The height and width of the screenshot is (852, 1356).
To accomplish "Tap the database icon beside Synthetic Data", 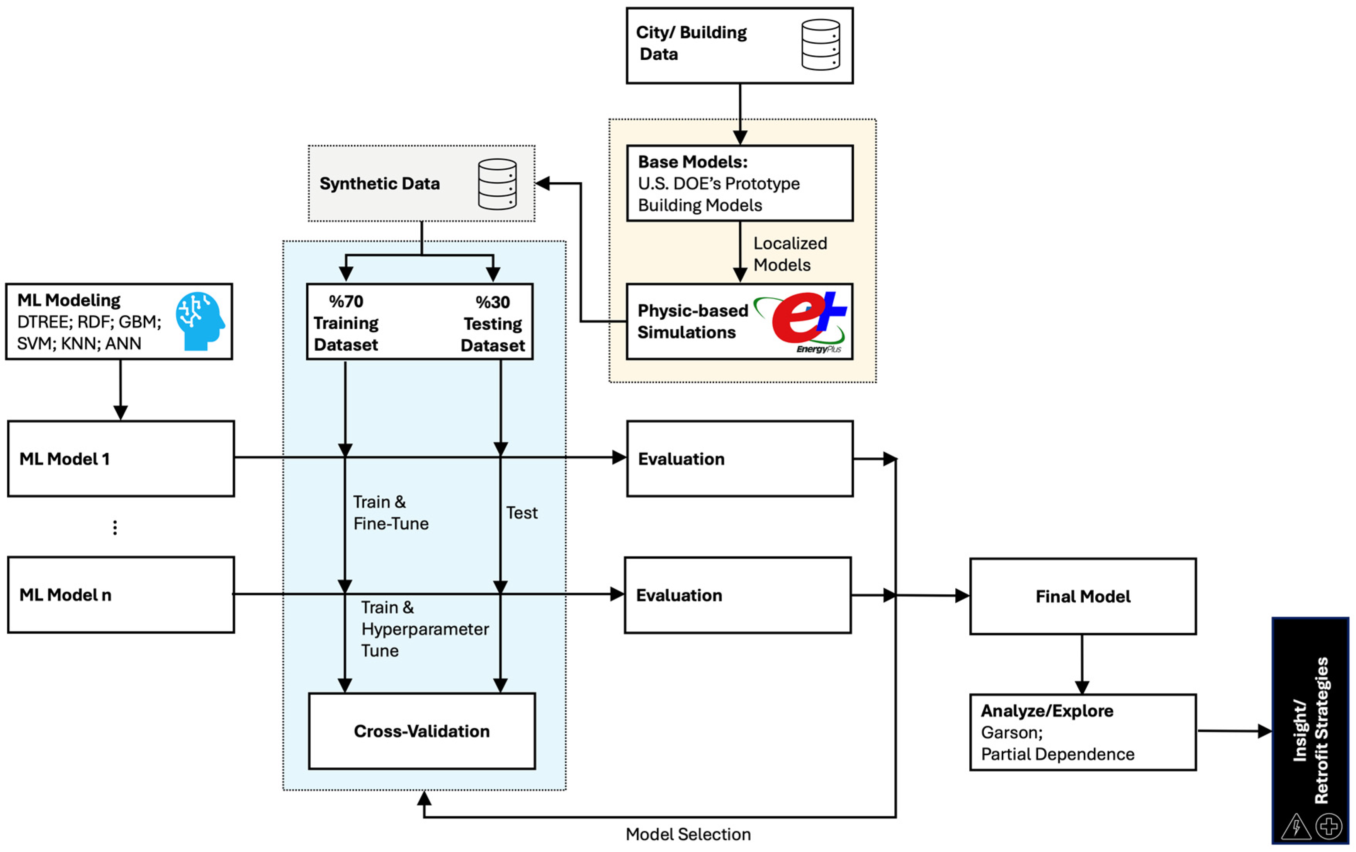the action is tap(497, 184).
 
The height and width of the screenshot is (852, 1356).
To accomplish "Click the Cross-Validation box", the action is tap(422, 731).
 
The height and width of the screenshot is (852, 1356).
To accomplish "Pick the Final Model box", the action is tap(1083, 596).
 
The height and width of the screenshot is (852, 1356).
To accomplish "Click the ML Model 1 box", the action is tap(121, 459).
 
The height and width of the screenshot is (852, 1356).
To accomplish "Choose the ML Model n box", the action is tap(121, 595).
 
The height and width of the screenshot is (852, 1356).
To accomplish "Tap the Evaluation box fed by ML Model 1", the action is tap(740, 459).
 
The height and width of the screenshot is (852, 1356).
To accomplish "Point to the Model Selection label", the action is tap(688, 834).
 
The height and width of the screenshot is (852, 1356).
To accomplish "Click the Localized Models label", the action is tap(790, 254).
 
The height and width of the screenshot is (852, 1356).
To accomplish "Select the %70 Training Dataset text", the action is tap(346, 323).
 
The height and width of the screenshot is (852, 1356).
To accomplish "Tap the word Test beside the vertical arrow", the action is tap(522, 513).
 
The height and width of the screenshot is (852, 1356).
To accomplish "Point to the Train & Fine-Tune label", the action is tap(391, 513).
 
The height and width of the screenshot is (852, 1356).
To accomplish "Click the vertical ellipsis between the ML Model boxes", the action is tap(115, 527).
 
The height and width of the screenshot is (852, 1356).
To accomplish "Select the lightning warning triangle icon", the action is tap(1296, 826).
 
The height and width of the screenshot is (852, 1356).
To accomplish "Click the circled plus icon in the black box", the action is tap(1329, 826).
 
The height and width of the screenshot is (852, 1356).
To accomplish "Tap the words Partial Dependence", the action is tap(1057, 754).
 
